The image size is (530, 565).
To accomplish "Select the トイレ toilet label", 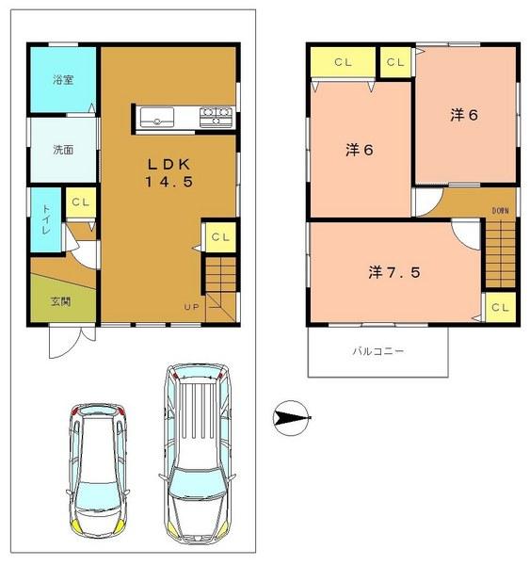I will [x=44, y=218].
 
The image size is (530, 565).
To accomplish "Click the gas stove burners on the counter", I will [x=216, y=117].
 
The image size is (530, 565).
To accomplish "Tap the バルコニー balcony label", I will [x=377, y=351].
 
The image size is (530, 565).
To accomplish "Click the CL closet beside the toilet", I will [x=79, y=202].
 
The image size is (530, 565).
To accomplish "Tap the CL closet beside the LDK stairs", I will [x=219, y=236].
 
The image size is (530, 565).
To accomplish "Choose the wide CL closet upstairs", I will [x=342, y=63].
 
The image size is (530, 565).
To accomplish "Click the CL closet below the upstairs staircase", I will [x=500, y=307].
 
